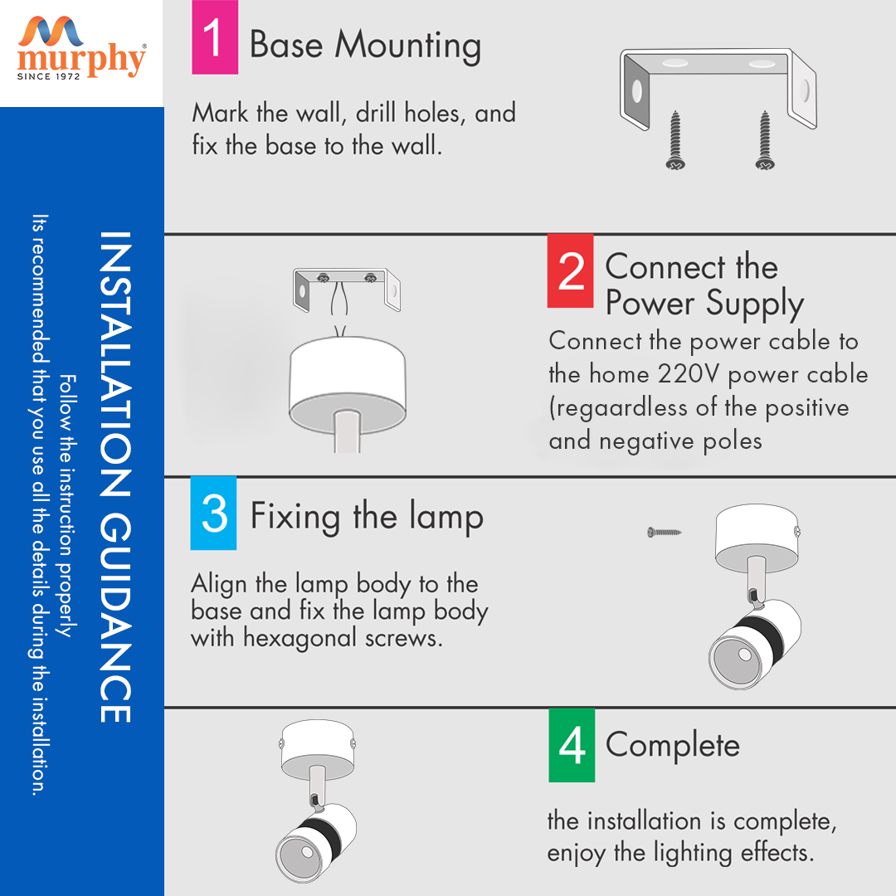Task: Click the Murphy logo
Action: [81, 49]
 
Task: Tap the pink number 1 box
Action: [215, 37]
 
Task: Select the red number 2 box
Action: [570, 270]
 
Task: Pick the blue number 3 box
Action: [214, 513]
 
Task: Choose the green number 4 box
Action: [572, 745]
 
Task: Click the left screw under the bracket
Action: [675, 140]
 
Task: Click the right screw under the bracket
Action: [765, 140]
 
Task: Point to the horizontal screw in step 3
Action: [664, 533]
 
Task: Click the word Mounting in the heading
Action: [407, 46]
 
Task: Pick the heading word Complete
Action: [673, 746]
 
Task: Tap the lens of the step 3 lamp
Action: [736, 658]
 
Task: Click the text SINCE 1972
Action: [49, 76]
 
